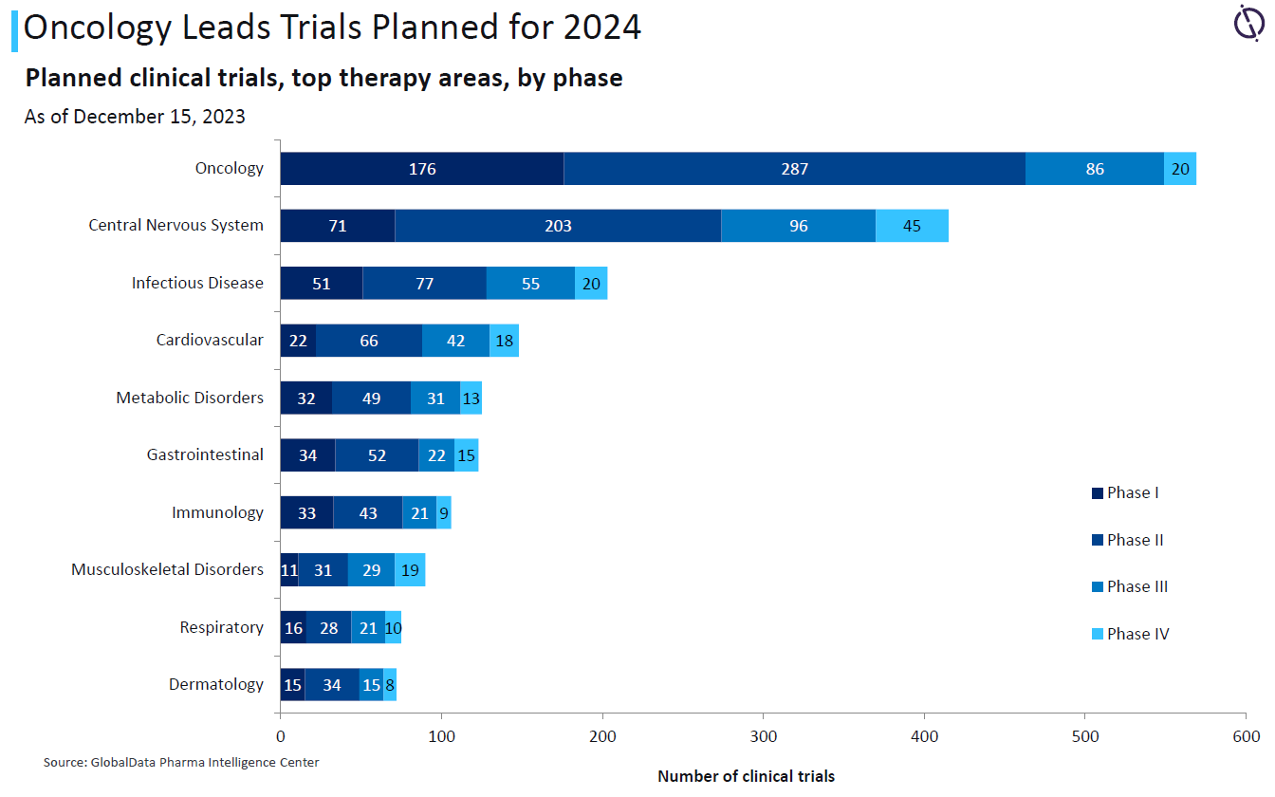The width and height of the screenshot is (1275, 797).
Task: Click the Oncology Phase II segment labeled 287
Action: [x=794, y=169]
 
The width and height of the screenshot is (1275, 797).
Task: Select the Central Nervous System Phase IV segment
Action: [x=912, y=226]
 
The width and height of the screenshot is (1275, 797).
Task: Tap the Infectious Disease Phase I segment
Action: [x=322, y=284]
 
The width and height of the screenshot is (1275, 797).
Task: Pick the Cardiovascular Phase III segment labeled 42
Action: [x=455, y=341]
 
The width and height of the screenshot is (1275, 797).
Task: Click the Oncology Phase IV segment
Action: [x=1180, y=169]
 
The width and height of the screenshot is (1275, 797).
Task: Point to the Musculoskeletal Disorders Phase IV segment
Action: [x=410, y=569]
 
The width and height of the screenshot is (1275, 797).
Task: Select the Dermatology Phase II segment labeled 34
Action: [x=332, y=684]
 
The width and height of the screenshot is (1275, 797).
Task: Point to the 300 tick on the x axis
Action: [x=764, y=736]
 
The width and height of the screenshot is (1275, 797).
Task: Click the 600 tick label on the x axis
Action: [x=1247, y=736]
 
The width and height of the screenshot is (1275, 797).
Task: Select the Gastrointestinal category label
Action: [x=205, y=454]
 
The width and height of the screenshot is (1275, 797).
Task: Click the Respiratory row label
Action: [x=222, y=627]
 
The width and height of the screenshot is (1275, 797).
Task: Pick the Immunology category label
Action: [x=217, y=512]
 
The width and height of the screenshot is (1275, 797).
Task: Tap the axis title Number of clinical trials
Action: [x=746, y=776]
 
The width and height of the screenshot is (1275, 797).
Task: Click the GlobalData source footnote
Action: [x=181, y=762]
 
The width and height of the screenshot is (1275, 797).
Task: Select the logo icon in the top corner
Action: [x=1248, y=22]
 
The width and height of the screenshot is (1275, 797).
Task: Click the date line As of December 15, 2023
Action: [x=135, y=117]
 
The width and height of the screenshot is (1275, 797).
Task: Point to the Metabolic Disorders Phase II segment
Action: [x=371, y=398]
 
